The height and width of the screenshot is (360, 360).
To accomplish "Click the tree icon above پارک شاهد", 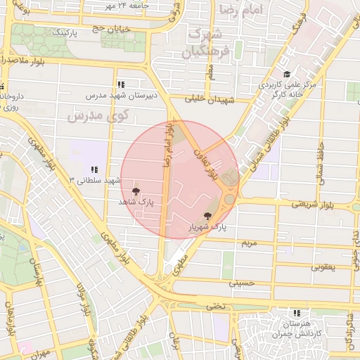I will click(x=136, y=191).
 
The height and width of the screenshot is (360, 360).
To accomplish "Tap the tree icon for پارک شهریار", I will click(x=207, y=216).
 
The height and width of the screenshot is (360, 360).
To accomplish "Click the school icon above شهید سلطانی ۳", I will click(x=94, y=169).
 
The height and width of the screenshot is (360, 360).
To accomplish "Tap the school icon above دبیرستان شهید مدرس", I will click(x=122, y=84).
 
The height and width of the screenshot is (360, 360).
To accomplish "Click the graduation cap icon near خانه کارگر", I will click(x=285, y=75).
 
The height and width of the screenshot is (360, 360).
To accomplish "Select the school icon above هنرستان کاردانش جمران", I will click(x=297, y=312).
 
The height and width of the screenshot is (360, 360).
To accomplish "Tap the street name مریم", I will click(x=250, y=243).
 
